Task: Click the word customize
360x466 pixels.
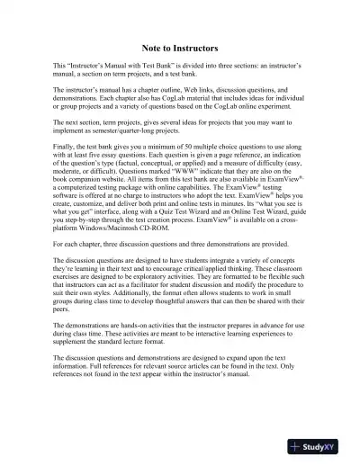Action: coord(83,210)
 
